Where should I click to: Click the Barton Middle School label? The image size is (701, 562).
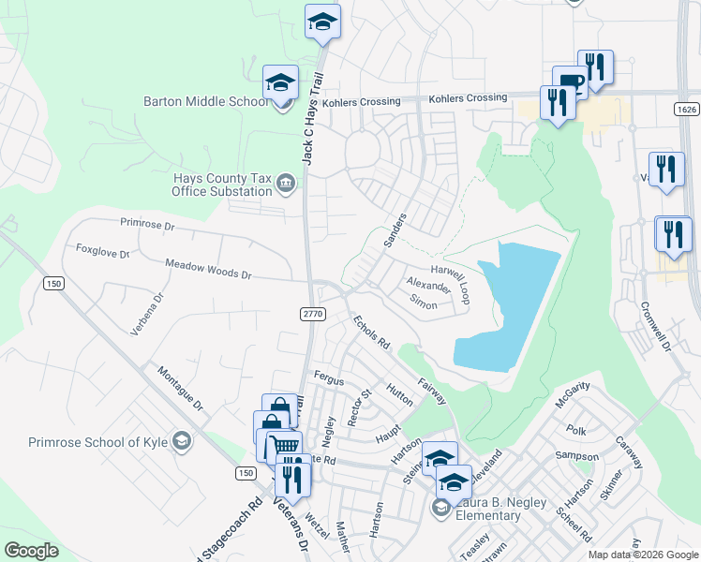[205, 101]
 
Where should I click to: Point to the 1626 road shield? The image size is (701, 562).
[684, 110]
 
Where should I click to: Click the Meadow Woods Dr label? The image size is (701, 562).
[208, 270]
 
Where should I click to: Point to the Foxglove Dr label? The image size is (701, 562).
[102, 251]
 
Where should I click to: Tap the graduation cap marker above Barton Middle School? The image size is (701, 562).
[280, 82]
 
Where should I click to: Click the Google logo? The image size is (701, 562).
[33, 550]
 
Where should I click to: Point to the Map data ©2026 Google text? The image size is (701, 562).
[643, 555]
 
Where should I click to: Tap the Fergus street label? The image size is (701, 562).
[329, 381]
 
